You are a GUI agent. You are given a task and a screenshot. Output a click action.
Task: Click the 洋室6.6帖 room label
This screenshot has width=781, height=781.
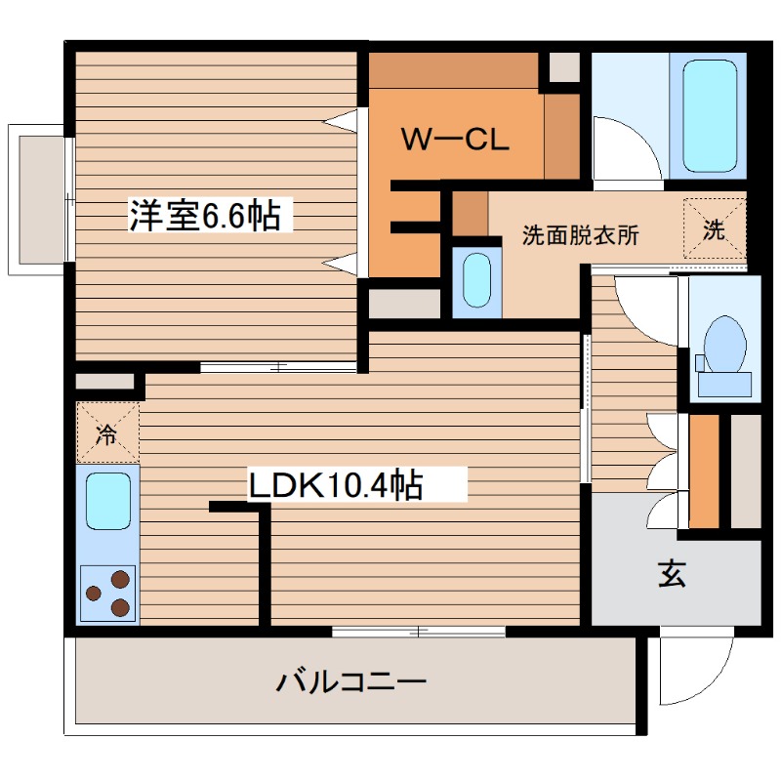[211, 215]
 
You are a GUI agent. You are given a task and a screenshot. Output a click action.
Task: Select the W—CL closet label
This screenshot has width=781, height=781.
[455, 140]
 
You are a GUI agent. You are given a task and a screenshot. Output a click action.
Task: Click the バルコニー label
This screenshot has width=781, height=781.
[350, 680]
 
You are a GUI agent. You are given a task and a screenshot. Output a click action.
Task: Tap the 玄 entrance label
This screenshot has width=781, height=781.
[671, 575]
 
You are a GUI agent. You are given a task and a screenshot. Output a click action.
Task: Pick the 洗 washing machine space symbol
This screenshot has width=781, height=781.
[715, 230]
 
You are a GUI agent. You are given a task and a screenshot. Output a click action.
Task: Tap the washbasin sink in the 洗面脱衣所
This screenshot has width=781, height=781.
[476, 281]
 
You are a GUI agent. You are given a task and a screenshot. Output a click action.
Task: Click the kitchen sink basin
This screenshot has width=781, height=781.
[107, 502]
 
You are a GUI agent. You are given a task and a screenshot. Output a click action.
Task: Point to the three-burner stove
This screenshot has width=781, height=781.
[108, 593]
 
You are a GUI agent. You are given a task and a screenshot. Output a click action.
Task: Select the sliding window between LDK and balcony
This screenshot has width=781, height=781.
[419, 632]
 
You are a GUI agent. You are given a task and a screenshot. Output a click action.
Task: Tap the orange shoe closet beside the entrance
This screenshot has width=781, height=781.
[704, 472]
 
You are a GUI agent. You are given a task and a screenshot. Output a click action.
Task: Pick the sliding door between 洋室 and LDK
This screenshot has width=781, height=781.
[278, 368]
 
